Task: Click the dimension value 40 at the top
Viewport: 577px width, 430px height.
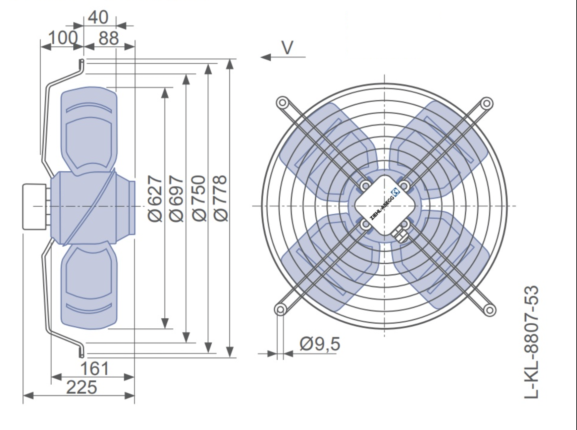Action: tap(98, 17)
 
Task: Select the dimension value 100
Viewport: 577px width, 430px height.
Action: tap(63, 38)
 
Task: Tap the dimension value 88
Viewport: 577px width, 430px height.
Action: tap(109, 38)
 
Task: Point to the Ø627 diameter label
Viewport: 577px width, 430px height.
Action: tap(155, 198)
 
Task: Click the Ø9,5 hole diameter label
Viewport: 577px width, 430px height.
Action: tap(320, 344)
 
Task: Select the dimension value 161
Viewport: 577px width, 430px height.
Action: tap(95, 369)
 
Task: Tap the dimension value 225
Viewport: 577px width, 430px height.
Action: tap(82, 387)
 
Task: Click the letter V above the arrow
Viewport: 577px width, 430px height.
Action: tap(287, 48)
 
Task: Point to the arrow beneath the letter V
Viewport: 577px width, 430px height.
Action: tap(283, 57)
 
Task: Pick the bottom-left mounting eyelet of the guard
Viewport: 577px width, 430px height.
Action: tap(280, 309)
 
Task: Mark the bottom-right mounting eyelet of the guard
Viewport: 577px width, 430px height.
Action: tap(489, 310)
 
